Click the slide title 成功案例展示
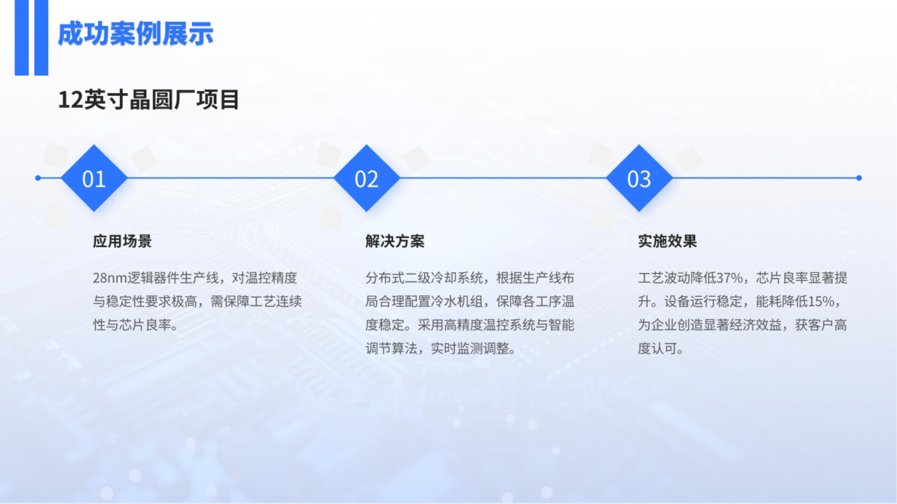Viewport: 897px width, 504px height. (136, 34)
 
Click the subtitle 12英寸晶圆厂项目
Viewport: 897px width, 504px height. (149, 100)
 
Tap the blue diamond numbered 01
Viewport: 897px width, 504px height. (94, 178)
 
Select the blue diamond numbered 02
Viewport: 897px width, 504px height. (366, 178)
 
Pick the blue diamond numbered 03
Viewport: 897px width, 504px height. (639, 178)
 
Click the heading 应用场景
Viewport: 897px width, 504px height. (122, 241)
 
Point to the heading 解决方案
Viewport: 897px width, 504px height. (395, 241)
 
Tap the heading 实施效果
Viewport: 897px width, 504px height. (668, 241)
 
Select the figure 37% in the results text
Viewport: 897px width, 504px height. (730, 278)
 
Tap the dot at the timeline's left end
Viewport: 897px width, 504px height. (38, 178)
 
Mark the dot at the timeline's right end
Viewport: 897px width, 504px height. (859, 178)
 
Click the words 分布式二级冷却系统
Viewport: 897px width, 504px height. (424, 278)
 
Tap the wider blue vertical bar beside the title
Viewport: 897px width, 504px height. (41, 38)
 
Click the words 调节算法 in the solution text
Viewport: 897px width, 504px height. (391, 348)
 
